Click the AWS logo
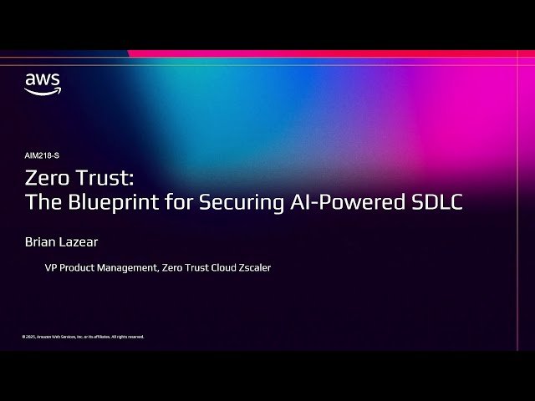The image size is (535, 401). pos(43,84)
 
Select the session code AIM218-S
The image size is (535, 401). pos(42,155)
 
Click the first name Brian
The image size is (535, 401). pos(41,243)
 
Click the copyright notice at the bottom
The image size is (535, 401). pos(83,337)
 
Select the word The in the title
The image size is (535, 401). pos(40,202)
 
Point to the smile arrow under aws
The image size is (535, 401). pos(43,91)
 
